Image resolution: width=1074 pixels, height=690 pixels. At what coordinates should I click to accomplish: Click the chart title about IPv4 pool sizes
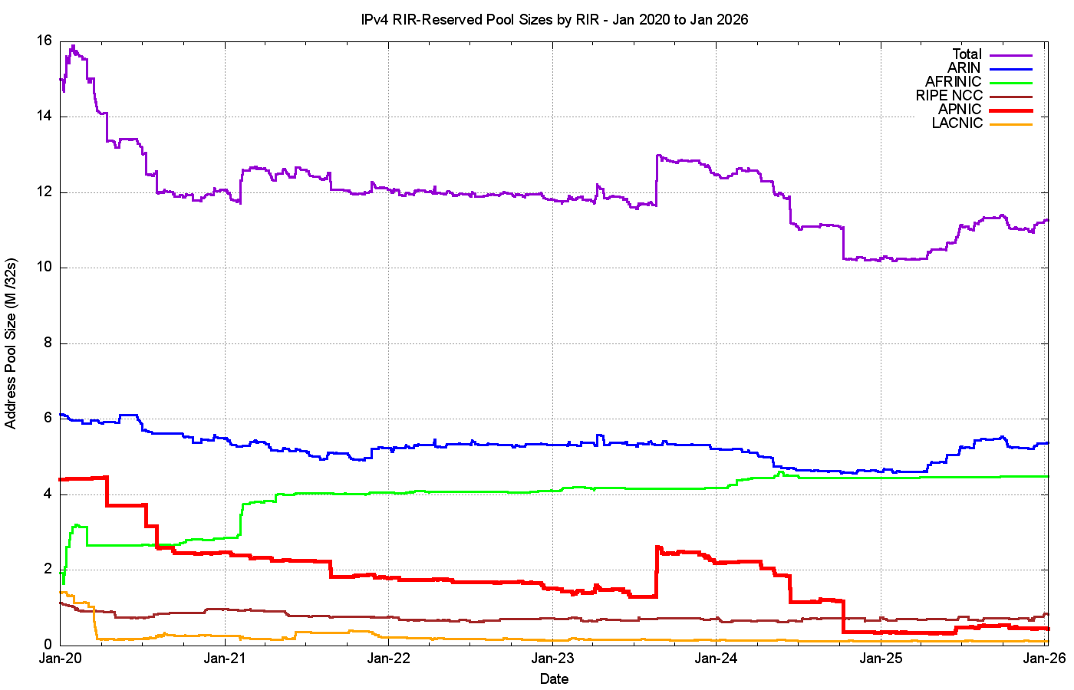point(555,20)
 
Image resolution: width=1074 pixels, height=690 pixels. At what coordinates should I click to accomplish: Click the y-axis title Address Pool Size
point(11,343)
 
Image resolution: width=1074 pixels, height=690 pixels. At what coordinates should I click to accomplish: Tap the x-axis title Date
point(554,678)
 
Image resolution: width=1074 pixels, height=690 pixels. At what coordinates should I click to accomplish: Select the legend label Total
point(967,54)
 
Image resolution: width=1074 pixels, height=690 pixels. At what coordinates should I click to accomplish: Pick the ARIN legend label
point(964,68)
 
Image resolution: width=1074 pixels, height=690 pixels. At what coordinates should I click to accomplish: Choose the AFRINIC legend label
point(953,82)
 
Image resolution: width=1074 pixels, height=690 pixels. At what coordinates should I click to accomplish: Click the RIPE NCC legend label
point(948,96)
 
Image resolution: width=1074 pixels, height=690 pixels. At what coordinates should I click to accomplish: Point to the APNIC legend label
point(960,110)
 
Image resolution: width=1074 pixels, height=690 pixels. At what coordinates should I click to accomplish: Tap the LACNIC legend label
point(957,123)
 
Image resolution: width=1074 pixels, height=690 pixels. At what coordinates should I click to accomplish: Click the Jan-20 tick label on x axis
point(61,659)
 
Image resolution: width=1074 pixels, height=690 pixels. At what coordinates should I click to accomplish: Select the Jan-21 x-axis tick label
point(225,659)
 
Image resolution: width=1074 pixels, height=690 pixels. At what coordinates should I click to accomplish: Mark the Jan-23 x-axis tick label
point(552,659)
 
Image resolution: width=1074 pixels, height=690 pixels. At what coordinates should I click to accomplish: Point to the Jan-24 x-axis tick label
point(717,659)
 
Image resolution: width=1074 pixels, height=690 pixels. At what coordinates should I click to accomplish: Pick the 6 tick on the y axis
point(48,419)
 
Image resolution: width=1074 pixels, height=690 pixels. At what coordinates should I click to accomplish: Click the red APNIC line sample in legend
point(1011,110)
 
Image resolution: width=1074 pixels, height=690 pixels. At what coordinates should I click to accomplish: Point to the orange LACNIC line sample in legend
point(1011,124)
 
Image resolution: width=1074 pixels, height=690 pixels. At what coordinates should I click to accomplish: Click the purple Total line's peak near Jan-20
point(73,46)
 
